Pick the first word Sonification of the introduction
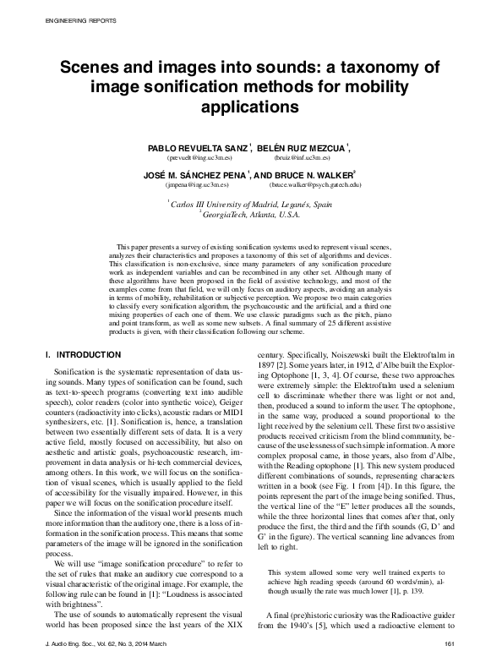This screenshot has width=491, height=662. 73,372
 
